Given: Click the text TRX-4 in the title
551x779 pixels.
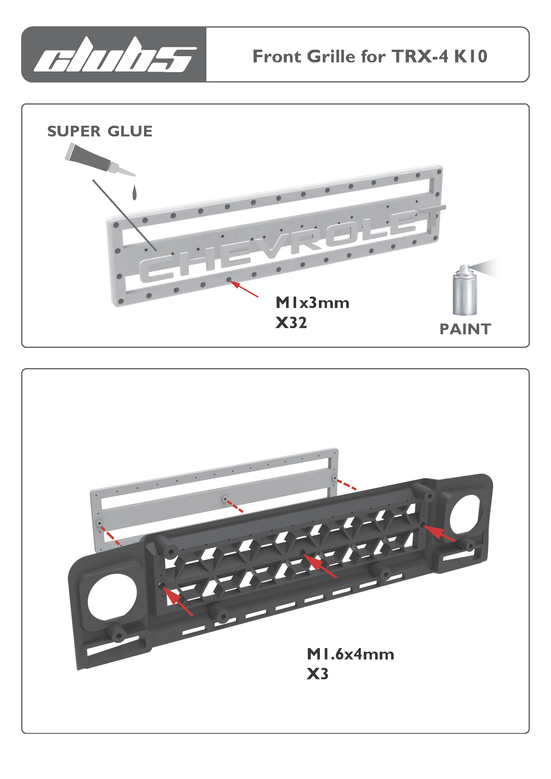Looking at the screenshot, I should tap(420, 56).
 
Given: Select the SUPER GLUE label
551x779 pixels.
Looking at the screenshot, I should tap(100, 131).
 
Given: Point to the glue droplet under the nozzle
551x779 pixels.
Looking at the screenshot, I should tap(135, 193).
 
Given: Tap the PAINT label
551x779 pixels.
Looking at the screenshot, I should tap(465, 329).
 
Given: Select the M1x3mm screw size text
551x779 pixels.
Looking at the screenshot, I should tap(312, 303).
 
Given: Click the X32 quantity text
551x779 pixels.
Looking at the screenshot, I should tap(291, 323).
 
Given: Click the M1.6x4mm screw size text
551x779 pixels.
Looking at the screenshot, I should tap(350, 654).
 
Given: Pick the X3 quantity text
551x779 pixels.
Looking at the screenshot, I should tap(317, 674).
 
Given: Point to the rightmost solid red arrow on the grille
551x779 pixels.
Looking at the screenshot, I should tap(439, 533).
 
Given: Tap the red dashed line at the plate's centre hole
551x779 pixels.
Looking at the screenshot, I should tap(235, 505).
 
